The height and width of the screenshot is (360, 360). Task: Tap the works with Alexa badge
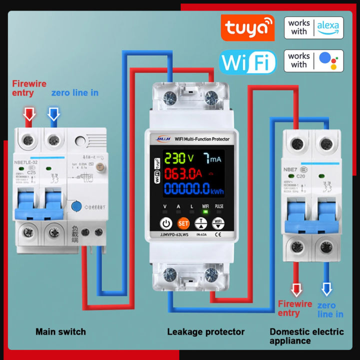[313, 27]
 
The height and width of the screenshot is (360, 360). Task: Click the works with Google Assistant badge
[313, 60]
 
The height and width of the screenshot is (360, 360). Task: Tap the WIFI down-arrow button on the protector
[217, 223]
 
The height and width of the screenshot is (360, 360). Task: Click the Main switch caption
[60, 331]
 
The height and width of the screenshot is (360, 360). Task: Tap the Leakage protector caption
[205, 331]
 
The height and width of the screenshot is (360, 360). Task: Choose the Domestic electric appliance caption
[306, 336]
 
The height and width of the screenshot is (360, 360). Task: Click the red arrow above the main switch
[29, 114]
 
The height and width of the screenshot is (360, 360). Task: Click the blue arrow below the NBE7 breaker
[326, 289]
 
